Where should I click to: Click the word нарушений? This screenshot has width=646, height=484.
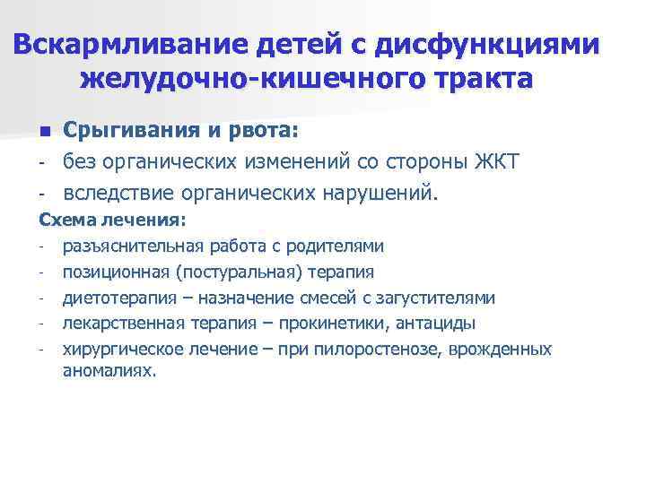pyautogui.click(x=388, y=193)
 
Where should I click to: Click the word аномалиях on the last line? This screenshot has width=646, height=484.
pyautogui.click(x=109, y=369)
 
